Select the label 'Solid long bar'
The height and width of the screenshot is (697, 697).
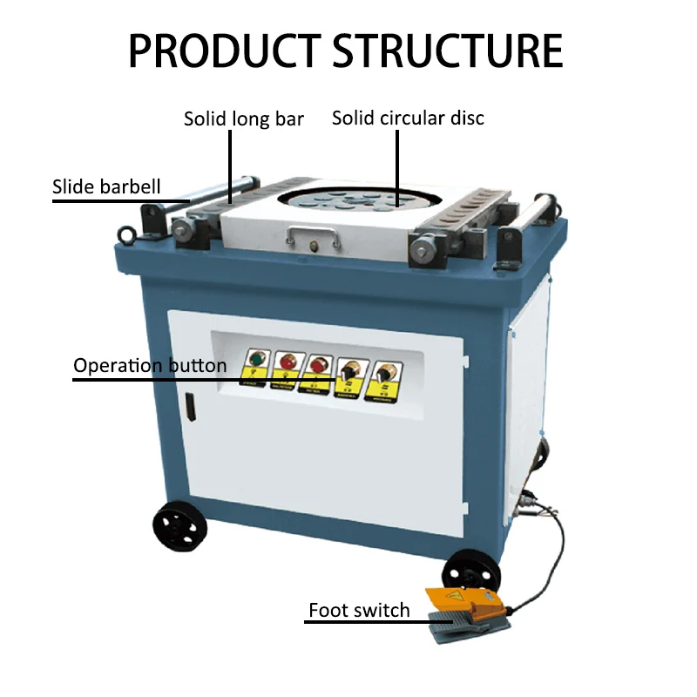pyautogui.click(x=243, y=118)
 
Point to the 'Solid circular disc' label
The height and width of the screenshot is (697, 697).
pyautogui.click(x=408, y=118)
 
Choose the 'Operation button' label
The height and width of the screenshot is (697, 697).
pyautogui.click(x=149, y=365)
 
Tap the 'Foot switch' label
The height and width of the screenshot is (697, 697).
pyautogui.click(x=359, y=610)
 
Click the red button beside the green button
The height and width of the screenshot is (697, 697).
pyautogui.click(x=284, y=362)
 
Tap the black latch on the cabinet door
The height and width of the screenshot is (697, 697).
pyautogui.click(x=188, y=408)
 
